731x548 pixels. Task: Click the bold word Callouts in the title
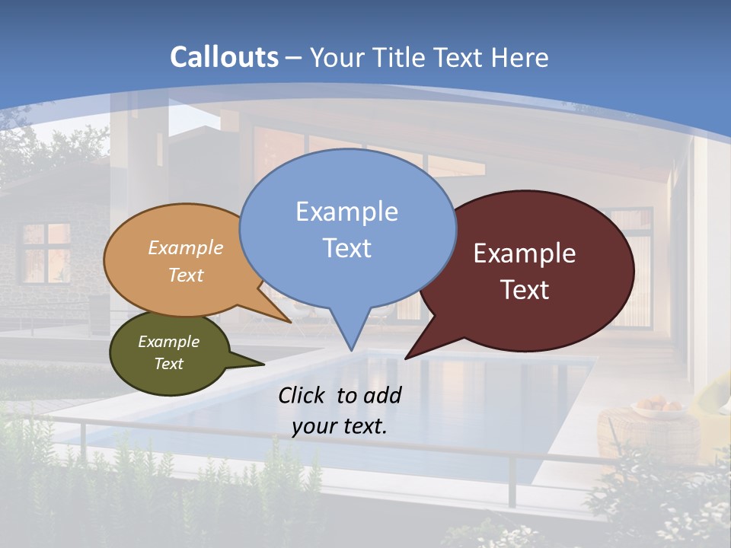tap(224, 57)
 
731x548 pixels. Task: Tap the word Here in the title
tap(521, 57)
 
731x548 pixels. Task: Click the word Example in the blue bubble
tap(346, 212)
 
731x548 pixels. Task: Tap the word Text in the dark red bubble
tap(525, 290)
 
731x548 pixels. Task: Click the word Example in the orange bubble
tap(186, 248)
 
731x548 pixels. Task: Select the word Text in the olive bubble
tap(168, 364)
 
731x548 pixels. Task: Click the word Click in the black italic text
tap(304, 395)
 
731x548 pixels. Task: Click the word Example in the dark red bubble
tap(525, 253)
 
